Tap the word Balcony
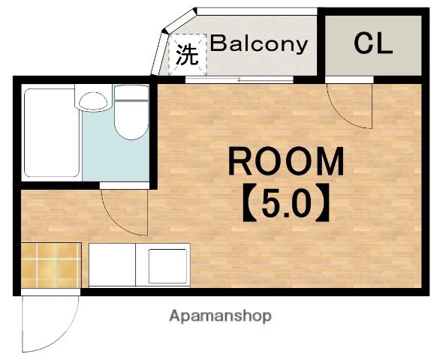[x=259, y=44]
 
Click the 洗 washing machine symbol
[x=187, y=55]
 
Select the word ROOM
[x=286, y=161]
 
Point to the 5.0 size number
[x=286, y=202]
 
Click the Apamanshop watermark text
[x=220, y=316]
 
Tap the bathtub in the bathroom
[x=52, y=133]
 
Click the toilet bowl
[x=131, y=120]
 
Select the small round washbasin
[x=93, y=101]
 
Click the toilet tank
[x=131, y=92]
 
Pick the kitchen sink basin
[x=167, y=265]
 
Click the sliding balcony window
[x=240, y=79]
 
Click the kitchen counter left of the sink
[x=112, y=265]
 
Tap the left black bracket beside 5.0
[x=249, y=202]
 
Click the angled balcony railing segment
[x=179, y=21]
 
